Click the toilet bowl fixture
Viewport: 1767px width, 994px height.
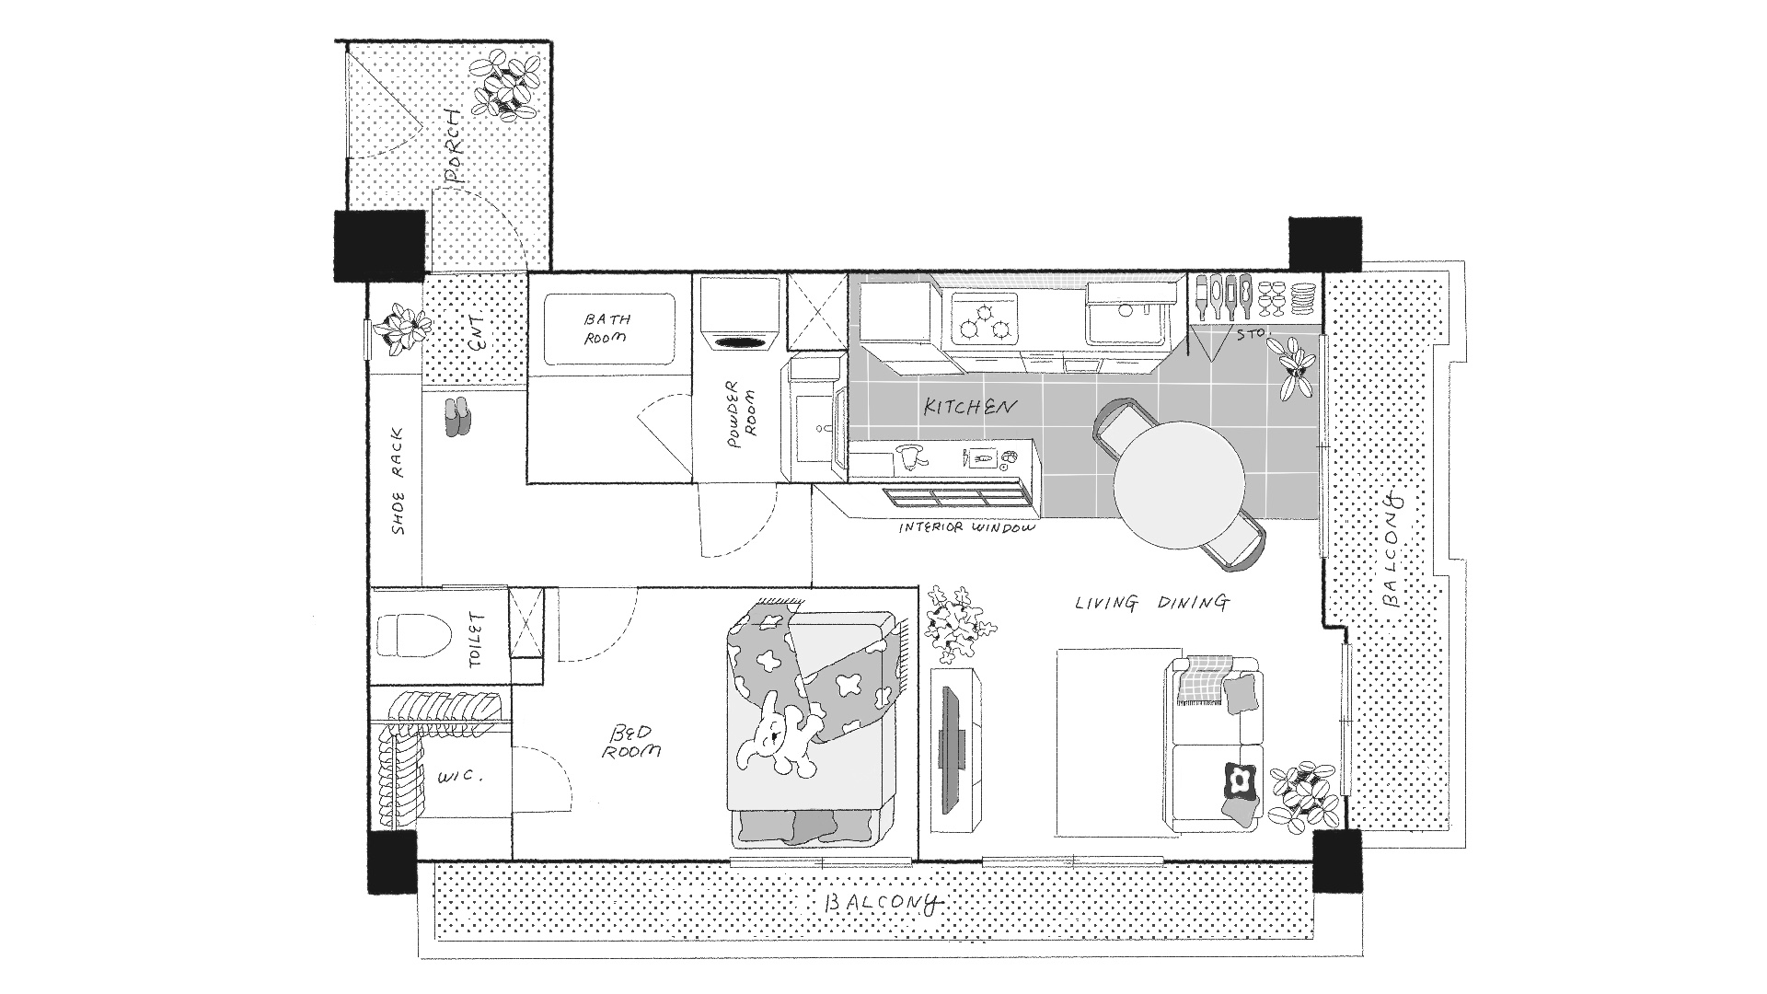414,635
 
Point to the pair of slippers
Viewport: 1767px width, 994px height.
458,416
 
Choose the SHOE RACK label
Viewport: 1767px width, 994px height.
398,481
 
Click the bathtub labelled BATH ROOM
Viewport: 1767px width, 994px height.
607,327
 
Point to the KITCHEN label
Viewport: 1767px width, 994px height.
970,407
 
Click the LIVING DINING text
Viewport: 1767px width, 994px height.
1152,603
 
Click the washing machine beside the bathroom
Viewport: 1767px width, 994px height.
739,315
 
